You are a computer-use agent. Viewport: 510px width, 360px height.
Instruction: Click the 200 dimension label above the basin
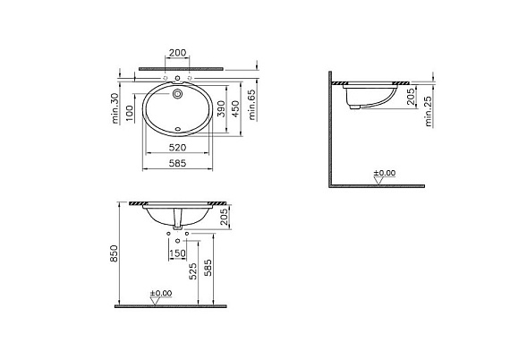pos(177,53)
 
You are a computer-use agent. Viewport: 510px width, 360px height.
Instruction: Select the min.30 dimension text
pos(115,108)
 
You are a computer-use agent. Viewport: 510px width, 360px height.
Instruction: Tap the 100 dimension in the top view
pos(130,113)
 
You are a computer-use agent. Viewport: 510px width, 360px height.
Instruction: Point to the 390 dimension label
pos(221,109)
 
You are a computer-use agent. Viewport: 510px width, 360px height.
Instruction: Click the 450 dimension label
pos(235,109)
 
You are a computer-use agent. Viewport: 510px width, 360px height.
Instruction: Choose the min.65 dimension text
pos(252,105)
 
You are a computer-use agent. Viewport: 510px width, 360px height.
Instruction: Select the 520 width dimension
pos(177,148)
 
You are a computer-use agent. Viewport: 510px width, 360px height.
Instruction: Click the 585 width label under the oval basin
pos(177,163)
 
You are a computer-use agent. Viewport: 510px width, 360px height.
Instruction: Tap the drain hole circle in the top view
pos(177,94)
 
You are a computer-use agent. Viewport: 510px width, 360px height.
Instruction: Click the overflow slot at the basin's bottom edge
pos(177,129)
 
